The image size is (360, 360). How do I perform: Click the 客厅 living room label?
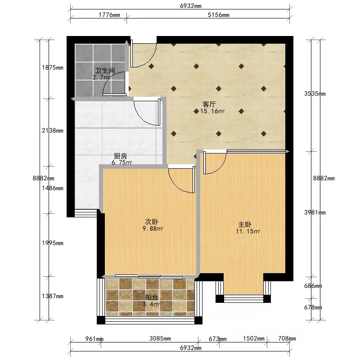click(209, 104)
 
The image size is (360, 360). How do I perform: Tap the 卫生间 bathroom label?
click(105, 71)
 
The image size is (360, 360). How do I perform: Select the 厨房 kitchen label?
click(120, 156)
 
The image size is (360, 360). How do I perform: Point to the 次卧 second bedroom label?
click(152, 222)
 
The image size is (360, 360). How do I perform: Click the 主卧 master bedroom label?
click(245, 224)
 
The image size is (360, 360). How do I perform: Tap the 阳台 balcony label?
click(152, 297)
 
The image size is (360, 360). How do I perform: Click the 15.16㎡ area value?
click(212, 112)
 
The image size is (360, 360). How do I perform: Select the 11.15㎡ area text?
click(248, 231)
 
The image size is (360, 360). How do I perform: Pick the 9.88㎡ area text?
click(153, 229)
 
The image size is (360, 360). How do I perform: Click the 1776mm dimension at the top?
click(109, 15)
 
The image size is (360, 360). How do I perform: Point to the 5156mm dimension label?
click(218, 15)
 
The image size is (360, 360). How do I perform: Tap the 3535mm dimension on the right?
click(315, 94)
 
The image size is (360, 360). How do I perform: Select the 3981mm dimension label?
click(315, 212)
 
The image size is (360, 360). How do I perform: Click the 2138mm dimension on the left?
click(53, 130)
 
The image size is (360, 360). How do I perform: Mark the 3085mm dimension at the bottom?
click(160, 338)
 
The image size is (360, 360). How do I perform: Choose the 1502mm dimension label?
click(254, 338)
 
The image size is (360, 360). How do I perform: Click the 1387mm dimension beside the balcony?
click(53, 297)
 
